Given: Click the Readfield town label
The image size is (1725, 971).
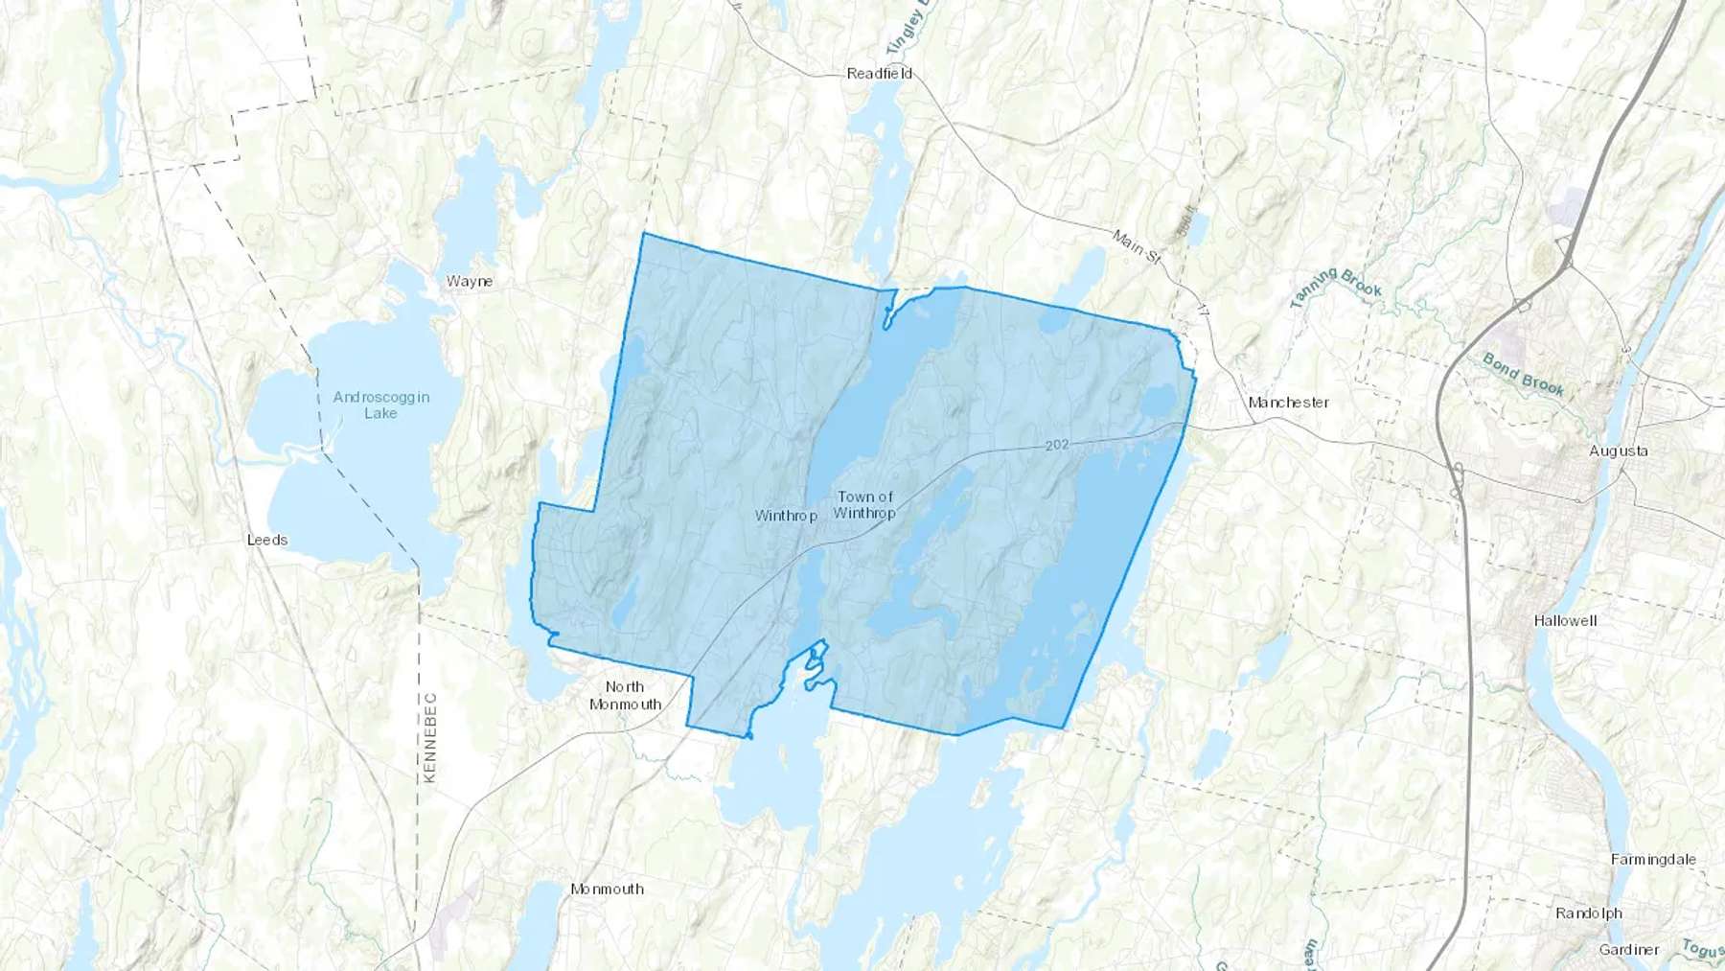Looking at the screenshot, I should tap(879, 74).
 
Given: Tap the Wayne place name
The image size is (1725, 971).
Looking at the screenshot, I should tap(470, 282).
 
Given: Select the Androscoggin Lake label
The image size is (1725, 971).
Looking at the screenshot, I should tap(381, 405).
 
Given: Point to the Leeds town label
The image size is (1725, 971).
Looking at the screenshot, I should tap(267, 541).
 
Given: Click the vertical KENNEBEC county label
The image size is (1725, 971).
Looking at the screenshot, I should tap(429, 737).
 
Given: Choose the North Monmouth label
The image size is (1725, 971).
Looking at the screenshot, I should tap(625, 696).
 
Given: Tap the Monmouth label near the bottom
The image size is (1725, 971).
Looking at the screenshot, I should tap(607, 890).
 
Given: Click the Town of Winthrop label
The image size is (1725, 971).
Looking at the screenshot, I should tap(864, 505).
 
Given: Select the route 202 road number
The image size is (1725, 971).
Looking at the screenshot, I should tap(1056, 445).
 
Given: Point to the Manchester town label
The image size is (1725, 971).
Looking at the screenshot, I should tap(1288, 403).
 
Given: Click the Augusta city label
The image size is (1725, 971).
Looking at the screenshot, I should tap(1619, 451).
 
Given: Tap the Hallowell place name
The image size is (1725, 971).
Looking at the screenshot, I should tap(1565, 621).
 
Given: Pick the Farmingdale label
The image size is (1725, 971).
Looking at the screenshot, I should tap(1653, 860).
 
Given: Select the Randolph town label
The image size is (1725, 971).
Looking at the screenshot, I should tap(1589, 913).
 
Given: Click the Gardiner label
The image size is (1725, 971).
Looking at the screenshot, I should tap(1629, 950).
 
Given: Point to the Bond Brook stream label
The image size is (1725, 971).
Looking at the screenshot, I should tap(1523, 375).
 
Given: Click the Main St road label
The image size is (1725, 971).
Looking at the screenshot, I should tap(1137, 245).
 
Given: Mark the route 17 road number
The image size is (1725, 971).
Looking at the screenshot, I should tap(1203, 312).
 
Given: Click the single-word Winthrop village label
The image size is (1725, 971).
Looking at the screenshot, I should tap(786, 517).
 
